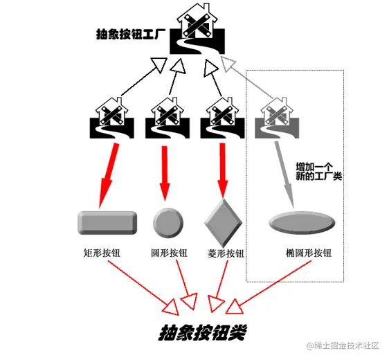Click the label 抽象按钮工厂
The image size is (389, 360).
tap(131, 34)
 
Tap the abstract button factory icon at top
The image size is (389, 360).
tap(197, 28)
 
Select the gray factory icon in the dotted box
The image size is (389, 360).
tap(277, 118)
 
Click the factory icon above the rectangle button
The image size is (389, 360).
tap(112, 118)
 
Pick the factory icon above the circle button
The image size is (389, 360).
tap(168, 118)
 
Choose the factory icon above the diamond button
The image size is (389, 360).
tap(223, 118)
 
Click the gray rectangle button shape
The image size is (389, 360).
tap(107, 223)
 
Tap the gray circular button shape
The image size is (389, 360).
tap(168, 223)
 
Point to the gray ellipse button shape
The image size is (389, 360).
tap(302, 222)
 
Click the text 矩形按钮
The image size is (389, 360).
tap(102, 253)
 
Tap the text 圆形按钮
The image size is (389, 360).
tap(169, 253)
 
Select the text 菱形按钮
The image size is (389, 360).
tap(226, 253)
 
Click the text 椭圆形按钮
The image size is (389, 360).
tap(309, 253)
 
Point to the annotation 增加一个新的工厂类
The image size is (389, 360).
tap(319, 172)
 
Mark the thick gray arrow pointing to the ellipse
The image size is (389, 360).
tap(284, 175)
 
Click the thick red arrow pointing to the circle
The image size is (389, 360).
tap(165, 173)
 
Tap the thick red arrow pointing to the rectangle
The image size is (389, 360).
tap(109, 176)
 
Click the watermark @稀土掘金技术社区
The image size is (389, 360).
tap(343, 345)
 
